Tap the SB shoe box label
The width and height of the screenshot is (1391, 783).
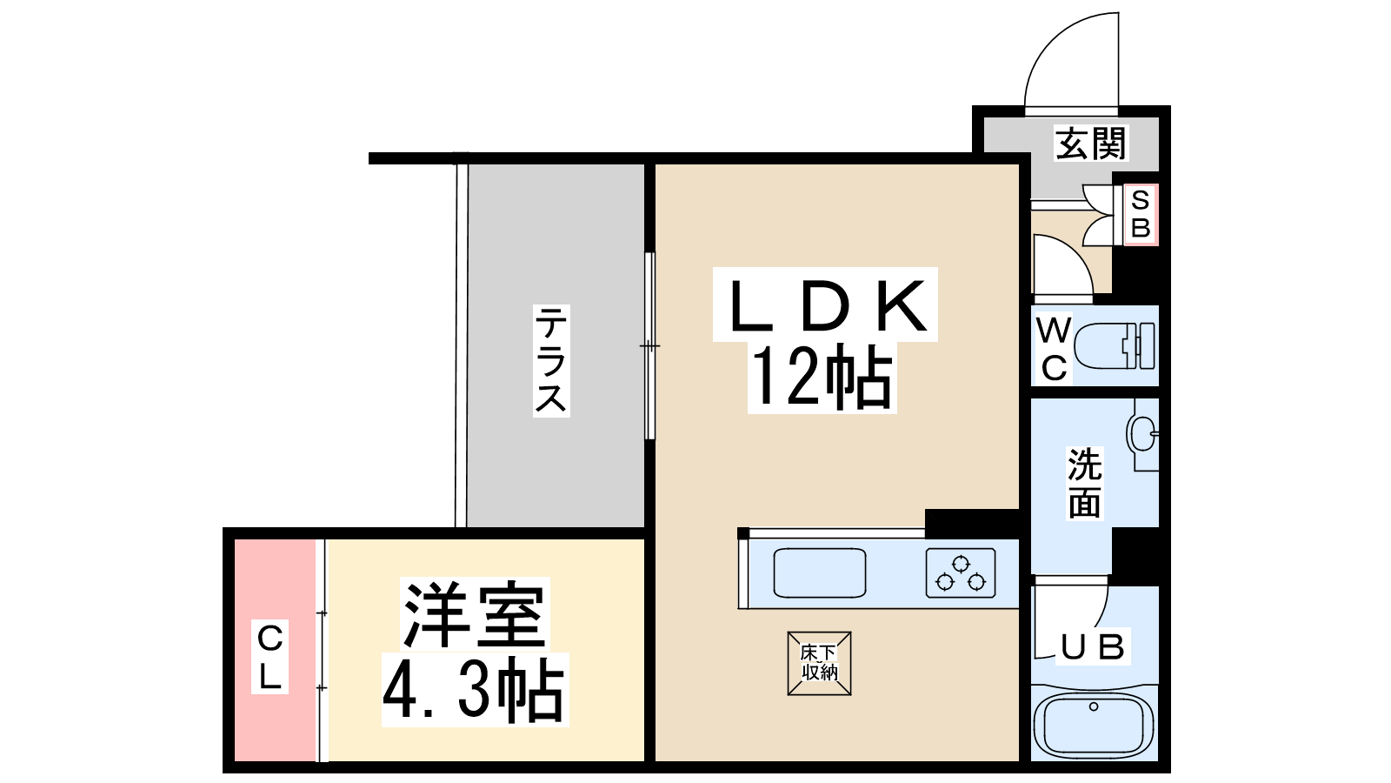[x=1141, y=214]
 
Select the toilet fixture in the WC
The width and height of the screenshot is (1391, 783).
[x=1114, y=345]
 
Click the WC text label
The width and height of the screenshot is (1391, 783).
[x=1055, y=349]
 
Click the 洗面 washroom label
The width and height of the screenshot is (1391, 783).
[x=1085, y=483]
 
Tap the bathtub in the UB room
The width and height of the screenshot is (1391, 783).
[x=1094, y=724]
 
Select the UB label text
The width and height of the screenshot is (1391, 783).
[x=1093, y=647]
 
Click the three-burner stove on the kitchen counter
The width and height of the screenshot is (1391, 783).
[x=961, y=573]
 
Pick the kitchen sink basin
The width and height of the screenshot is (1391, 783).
[x=820, y=573]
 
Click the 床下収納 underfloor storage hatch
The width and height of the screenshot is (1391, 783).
[x=819, y=663]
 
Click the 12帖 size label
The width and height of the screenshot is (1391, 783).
[x=822, y=378]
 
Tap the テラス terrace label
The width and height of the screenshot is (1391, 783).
[x=551, y=360]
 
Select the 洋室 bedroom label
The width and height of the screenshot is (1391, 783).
[x=475, y=614]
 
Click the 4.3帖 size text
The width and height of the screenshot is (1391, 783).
[x=474, y=689]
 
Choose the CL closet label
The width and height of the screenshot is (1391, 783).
[x=270, y=658]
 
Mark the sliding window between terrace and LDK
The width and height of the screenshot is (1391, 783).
[x=649, y=345]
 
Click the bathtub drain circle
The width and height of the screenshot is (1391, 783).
[x=1094, y=706]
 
